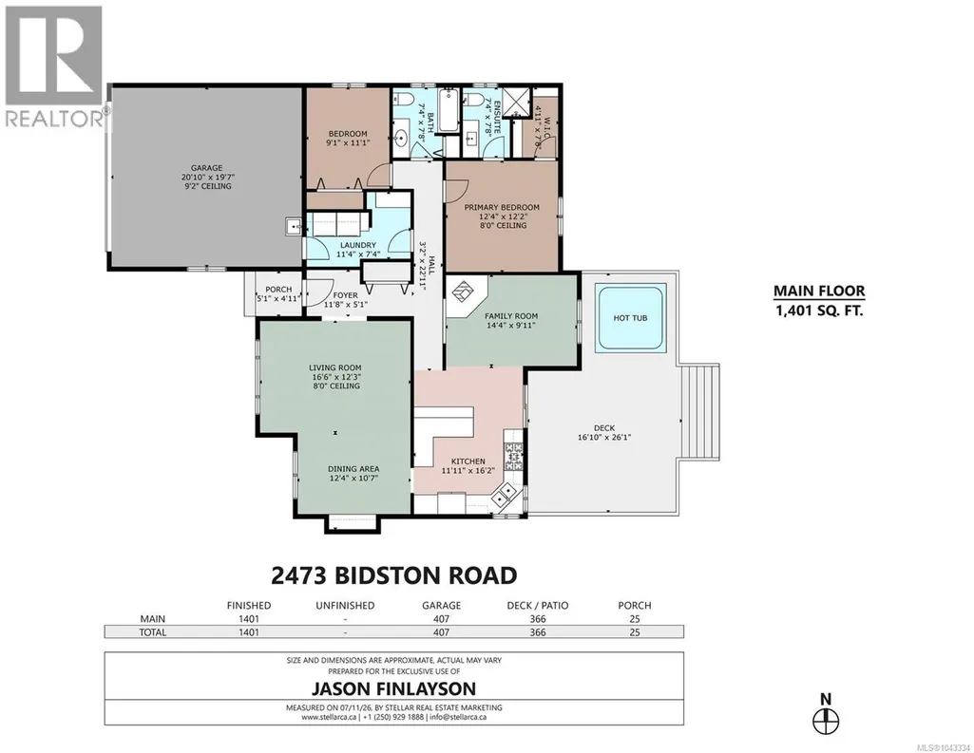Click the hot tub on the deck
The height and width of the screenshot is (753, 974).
click(x=631, y=318)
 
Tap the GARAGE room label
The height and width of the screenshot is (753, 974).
click(x=206, y=168)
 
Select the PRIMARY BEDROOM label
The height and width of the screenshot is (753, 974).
click(x=502, y=207)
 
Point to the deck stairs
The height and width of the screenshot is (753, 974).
click(x=699, y=411)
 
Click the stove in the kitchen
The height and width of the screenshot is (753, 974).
click(x=513, y=457)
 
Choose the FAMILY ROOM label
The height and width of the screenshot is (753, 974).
click(x=511, y=316)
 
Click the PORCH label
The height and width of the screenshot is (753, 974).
click(x=278, y=290)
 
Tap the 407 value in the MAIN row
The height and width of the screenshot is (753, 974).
click(x=441, y=619)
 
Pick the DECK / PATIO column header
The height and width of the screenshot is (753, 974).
click(x=537, y=605)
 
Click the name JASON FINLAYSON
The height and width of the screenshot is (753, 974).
click(x=393, y=688)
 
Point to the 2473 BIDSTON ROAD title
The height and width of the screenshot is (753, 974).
click(x=394, y=574)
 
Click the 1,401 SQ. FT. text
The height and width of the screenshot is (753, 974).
click(x=819, y=311)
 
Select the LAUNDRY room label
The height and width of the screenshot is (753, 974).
click(x=358, y=245)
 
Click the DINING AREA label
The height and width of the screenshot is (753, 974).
click(x=353, y=469)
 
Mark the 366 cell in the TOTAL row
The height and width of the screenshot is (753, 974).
click(x=537, y=632)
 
